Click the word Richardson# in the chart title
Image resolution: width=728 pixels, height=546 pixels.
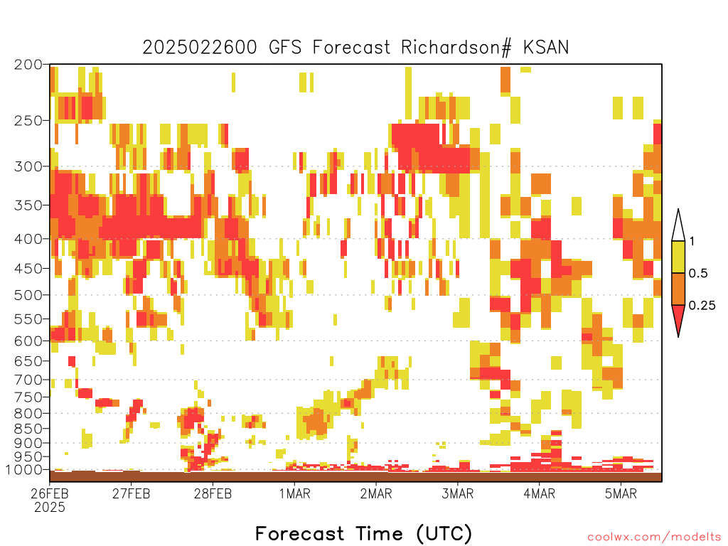[x=456, y=48]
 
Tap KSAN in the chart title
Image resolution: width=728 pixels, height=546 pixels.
[x=546, y=48]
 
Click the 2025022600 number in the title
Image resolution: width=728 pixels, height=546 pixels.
[x=200, y=48]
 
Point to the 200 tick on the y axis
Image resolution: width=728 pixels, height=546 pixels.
[x=28, y=65]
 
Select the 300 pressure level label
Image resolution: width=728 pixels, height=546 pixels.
[x=28, y=166]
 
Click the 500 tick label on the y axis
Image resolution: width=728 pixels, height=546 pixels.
[x=28, y=295]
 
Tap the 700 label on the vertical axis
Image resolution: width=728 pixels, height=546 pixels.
[x=28, y=380]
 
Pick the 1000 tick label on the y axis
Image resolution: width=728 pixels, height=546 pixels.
[x=24, y=470]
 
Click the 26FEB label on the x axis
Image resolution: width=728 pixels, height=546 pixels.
[x=50, y=493]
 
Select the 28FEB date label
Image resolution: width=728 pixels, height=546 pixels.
[x=213, y=493]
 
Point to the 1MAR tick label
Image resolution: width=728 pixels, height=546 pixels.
[x=295, y=493]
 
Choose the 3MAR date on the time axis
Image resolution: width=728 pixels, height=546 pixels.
[x=457, y=493]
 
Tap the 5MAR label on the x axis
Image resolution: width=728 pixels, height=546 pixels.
[x=621, y=493]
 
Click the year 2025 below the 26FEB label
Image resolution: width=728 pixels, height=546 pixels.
[x=50, y=508]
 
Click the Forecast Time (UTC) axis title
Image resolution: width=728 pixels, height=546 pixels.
[x=363, y=533]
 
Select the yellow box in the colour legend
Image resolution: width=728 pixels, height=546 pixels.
[x=678, y=257]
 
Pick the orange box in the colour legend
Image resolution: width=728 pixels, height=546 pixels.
[x=678, y=289]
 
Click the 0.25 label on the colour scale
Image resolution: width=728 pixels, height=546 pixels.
[x=702, y=306]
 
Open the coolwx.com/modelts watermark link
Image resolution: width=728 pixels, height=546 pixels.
[x=654, y=537]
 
